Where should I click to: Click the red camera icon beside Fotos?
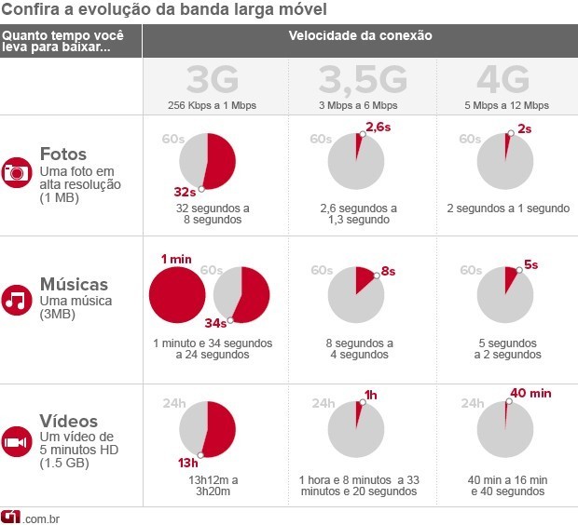point(17,173)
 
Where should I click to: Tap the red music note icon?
point(17,300)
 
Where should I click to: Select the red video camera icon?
point(17,441)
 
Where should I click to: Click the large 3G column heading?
point(214,80)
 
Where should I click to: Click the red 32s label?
point(185,192)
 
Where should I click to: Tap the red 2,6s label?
point(377,126)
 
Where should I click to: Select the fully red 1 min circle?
point(176,294)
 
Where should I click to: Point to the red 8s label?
point(387,272)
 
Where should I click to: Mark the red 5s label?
point(530,264)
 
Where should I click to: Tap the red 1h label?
point(370,395)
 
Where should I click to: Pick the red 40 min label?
point(531,393)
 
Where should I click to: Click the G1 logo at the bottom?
point(12,517)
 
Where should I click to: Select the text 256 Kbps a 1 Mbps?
point(214,105)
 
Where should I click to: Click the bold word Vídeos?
point(69,421)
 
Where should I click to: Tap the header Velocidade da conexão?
point(360,36)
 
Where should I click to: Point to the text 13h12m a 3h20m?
point(213,486)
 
